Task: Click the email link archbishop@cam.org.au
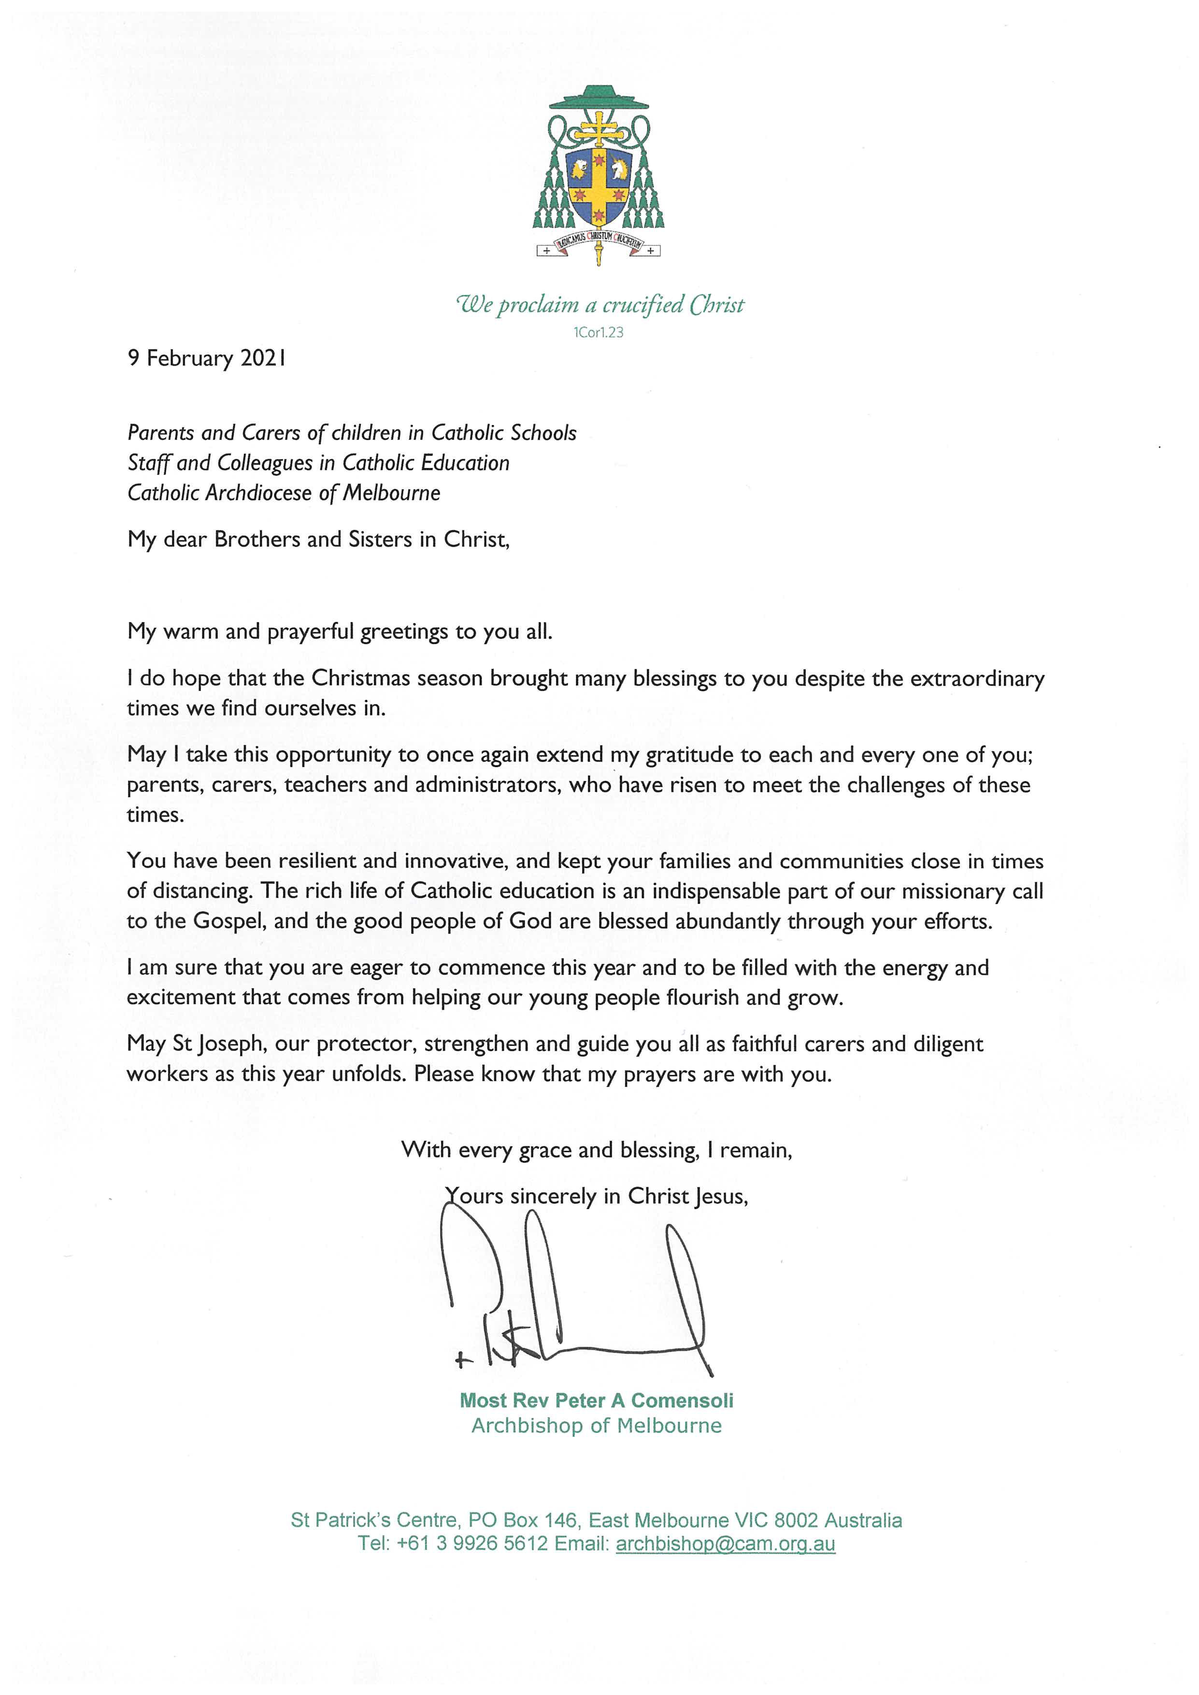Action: (x=725, y=1544)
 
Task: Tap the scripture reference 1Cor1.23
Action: (x=598, y=333)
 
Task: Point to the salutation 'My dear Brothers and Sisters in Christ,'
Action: (x=318, y=540)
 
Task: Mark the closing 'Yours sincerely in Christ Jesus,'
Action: (x=597, y=1197)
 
